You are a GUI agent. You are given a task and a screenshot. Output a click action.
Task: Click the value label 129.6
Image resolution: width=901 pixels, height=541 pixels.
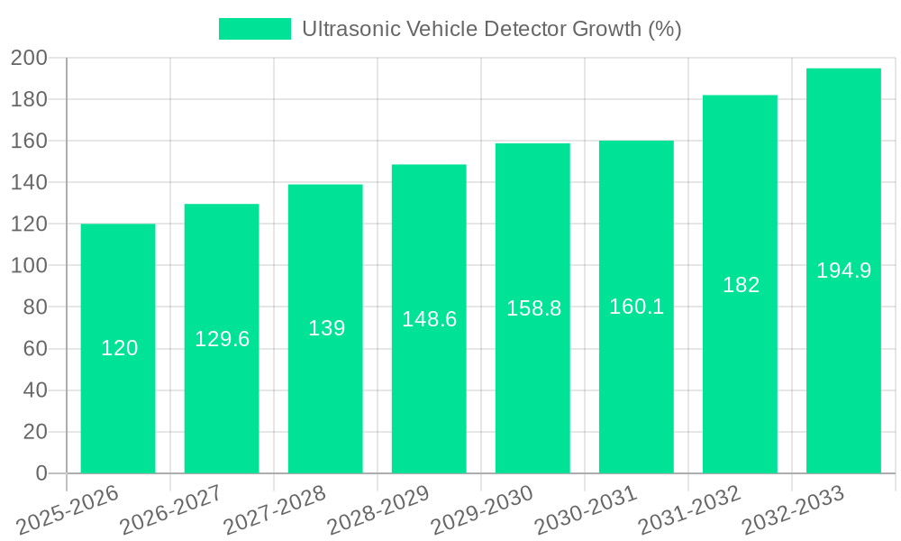click(223, 339)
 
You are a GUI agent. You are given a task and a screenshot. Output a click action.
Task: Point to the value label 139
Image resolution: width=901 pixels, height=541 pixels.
click(326, 328)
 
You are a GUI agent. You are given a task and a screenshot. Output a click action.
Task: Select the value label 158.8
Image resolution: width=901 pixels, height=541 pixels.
click(533, 308)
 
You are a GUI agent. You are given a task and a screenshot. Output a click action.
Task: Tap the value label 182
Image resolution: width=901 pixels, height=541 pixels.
click(741, 285)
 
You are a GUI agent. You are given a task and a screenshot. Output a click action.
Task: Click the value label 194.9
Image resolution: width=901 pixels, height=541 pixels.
click(843, 270)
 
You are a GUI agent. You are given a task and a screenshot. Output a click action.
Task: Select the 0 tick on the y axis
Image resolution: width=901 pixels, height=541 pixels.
click(41, 473)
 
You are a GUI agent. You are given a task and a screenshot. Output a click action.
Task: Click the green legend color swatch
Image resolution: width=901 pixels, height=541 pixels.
click(255, 29)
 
